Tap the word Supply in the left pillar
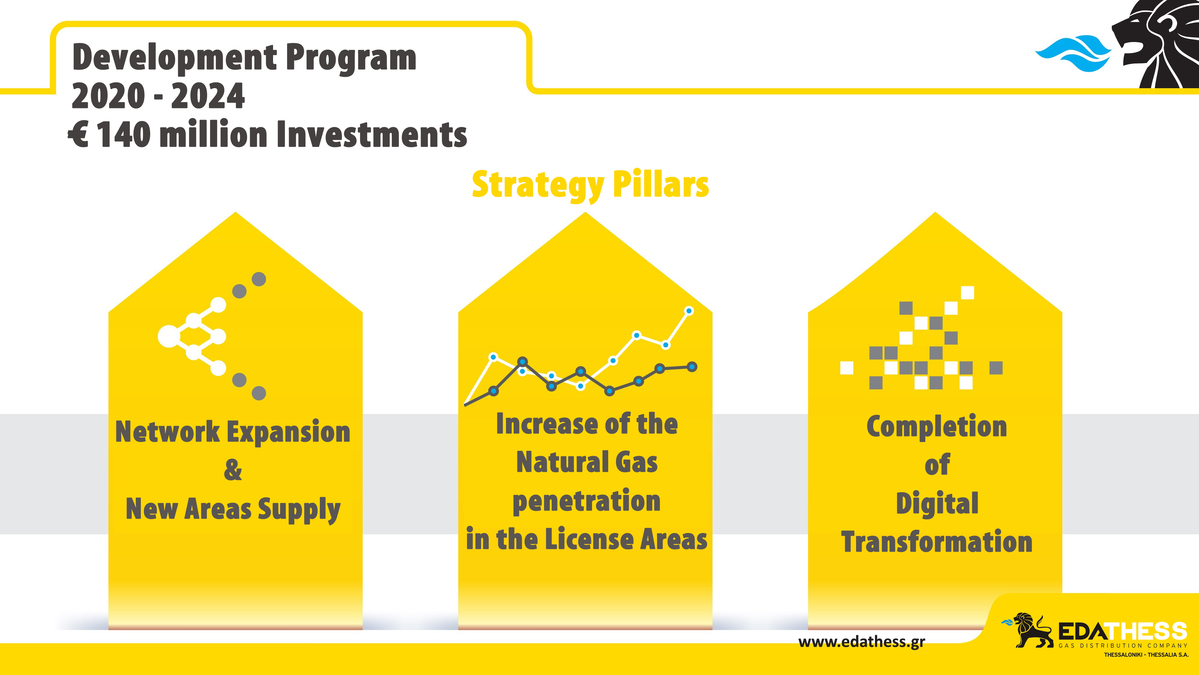[299, 510]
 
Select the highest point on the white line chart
[689, 311]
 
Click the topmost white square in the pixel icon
[967, 292]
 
